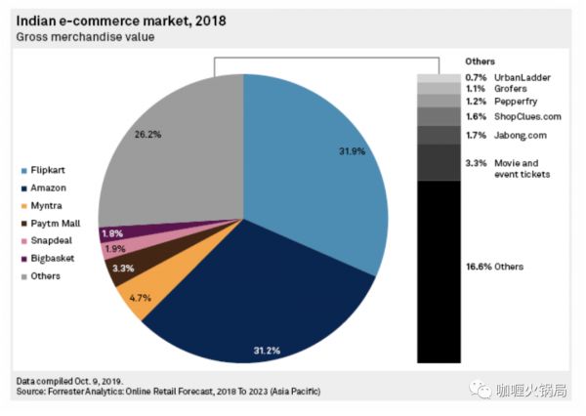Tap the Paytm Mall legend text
[x=60, y=224]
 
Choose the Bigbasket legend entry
[x=55, y=259]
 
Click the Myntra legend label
[x=49, y=206]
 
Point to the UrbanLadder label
[x=523, y=76]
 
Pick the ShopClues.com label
[x=528, y=116]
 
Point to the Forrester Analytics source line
[x=168, y=391]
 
